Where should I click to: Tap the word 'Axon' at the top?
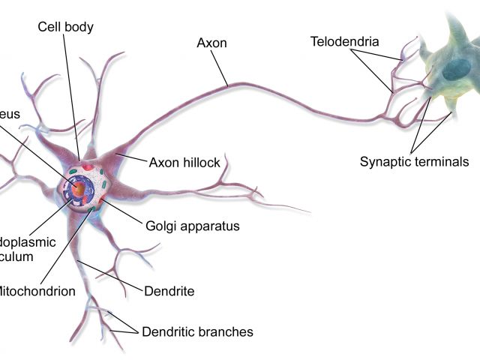pyautogui.click(x=212, y=43)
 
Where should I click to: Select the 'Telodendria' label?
pyautogui.click(x=344, y=41)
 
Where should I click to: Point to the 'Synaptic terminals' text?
pyautogui.click(x=414, y=161)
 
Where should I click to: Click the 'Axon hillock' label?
pyautogui.click(x=184, y=162)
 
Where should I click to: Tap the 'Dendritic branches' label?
pyautogui.click(x=196, y=331)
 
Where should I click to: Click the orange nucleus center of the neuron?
pyautogui.click(x=77, y=190)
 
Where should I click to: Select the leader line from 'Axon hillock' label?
pyautogui.click(x=132, y=159)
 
